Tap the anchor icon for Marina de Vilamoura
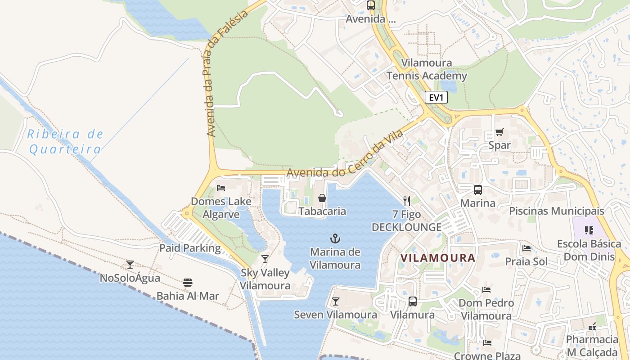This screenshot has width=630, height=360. (334, 238)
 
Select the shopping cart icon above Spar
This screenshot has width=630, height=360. (499, 132)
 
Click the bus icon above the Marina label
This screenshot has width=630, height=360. (477, 190)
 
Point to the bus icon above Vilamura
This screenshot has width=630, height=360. (412, 301)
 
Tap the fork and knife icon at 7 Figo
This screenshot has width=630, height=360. (406, 201)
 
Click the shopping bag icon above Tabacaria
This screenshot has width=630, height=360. (322, 198)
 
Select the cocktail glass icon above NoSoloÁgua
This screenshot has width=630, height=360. (130, 265)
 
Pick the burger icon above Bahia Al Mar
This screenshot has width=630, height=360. (188, 283)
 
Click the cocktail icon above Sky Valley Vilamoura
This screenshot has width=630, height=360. (265, 259)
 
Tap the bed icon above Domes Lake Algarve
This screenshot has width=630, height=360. (221, 188)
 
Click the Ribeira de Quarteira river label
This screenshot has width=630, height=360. (65, 141)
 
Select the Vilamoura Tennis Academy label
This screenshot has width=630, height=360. (427, 69)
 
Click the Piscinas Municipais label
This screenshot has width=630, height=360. (556, 211)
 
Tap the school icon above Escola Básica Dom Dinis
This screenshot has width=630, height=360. (589, 230)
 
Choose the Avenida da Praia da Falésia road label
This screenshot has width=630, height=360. (227, 74)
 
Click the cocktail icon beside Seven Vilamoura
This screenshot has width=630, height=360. (335, 301)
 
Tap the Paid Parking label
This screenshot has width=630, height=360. (190, 248)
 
